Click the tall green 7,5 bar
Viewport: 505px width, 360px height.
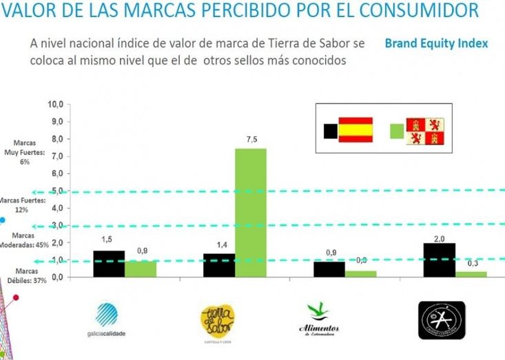coord(250,212)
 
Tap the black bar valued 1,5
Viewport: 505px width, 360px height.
coord(108,264)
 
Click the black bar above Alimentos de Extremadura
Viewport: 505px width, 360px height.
coord(329,268)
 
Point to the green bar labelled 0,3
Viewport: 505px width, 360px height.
coord(471,274)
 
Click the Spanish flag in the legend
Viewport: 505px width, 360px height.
coord(356,129)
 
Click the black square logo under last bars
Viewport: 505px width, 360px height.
coord(442,319)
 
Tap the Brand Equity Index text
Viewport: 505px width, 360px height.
coord(436,43)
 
